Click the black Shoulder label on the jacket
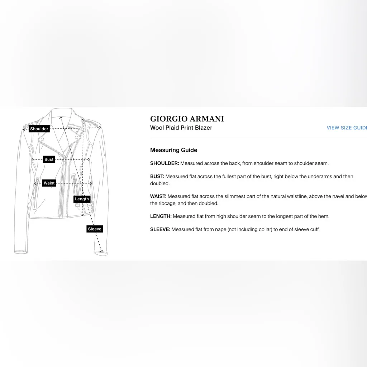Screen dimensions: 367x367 tap(39, 129)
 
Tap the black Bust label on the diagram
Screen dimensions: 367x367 tap(49, 159)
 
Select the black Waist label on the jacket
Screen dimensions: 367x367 tap(49, 183)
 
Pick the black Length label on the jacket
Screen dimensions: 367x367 tap(82, 199)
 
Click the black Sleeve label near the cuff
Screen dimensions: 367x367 tap(95, 229)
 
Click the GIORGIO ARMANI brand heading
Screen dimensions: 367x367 tap(187, 119)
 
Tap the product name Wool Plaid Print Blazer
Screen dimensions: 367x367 tap(181, 128)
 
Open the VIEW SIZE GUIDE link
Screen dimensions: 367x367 tap(346, 128)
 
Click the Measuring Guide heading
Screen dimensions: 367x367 tap(173, 150)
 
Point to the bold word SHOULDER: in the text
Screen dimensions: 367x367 tap(165, 163)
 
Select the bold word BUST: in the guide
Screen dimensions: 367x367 tap(157, 177)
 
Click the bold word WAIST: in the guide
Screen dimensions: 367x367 tap(158, 196)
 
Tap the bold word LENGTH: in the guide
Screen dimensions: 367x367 tap(161, 216)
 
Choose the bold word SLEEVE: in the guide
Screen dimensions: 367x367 tap(160, 229)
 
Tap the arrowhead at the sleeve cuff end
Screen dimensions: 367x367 tap(101, 251)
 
